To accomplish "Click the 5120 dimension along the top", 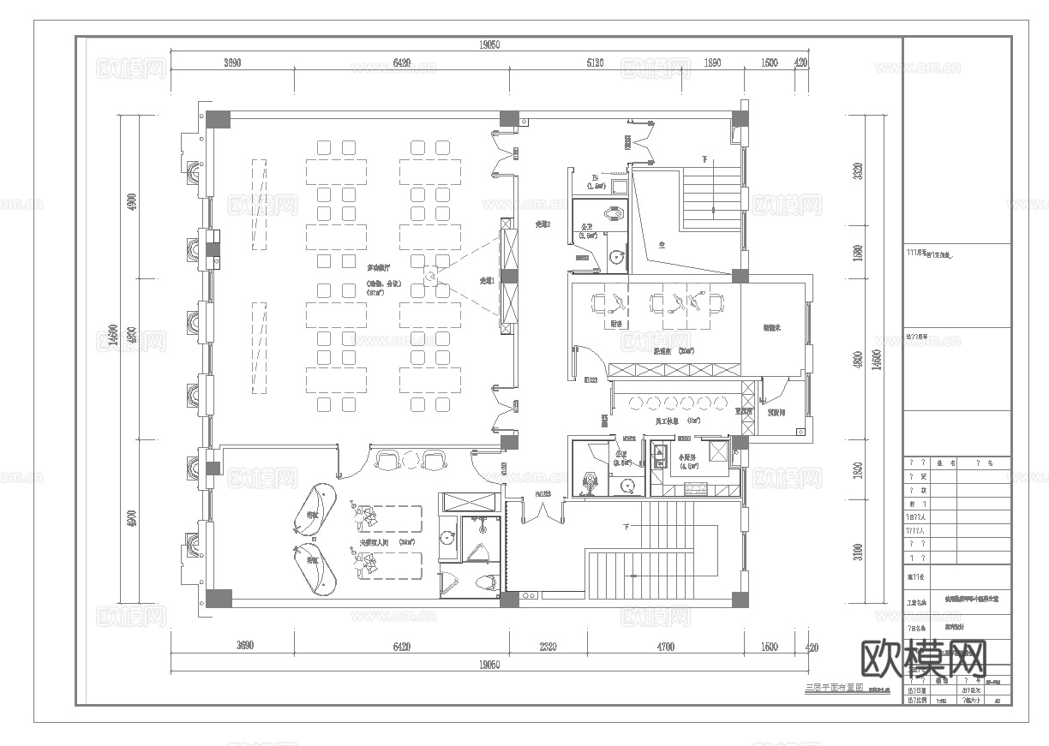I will (x=595, y=63).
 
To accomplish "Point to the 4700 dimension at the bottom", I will (x=660, y=646).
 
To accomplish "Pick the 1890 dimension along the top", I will (x=712, y=63).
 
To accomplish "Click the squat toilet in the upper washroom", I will (x=614, y=214).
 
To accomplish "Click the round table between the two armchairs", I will (x=410, y=460).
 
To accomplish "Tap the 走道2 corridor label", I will (x=542, y=224).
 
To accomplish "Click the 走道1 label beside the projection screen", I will (x=487, y=281).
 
